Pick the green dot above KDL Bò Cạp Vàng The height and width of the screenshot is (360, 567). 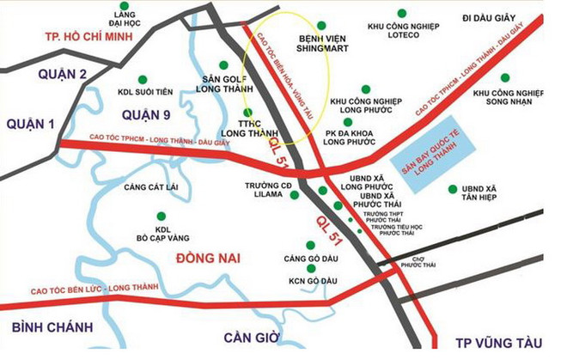pos(158,215)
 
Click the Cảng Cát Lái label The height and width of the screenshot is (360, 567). pos(149,186)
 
